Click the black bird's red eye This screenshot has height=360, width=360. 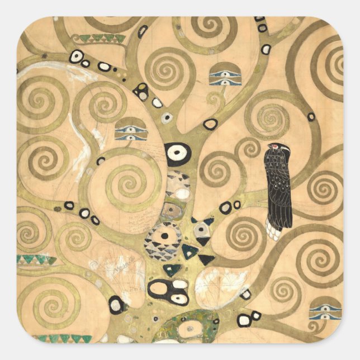pos(273,148)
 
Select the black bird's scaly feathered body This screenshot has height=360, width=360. pos(278,184)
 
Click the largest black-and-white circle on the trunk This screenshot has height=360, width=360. pos(178,153)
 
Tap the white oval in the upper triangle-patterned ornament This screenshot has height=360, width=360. pos(182,193)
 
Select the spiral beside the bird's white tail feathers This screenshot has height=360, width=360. pos(244,234)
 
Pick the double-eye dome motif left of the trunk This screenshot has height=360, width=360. pos(130,130)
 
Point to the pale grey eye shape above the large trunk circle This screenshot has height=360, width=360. pos(167,118)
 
